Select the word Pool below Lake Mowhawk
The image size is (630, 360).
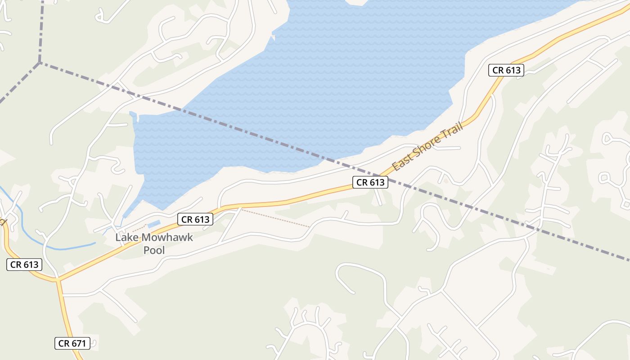pos(154,250)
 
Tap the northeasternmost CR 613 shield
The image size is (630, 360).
pos(506,70)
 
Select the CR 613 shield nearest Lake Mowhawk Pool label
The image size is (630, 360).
pos(195,220)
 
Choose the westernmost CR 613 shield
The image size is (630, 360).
pos(24,265)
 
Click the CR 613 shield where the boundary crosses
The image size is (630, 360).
pos(370,182)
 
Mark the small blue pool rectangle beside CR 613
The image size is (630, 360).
pos(153,224)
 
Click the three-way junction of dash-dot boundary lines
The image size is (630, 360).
pos(40,63)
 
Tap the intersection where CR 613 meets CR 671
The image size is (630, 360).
pos(58,280)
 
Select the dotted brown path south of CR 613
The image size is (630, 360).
pos(274,218)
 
